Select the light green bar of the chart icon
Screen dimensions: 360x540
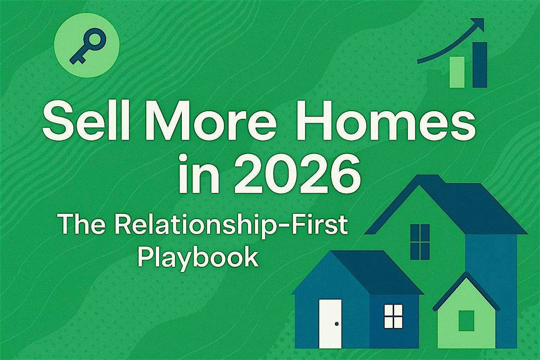tap(457, 72)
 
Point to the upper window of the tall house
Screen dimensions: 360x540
tap(420, 241)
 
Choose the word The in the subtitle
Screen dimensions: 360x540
tap(78, 225)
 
